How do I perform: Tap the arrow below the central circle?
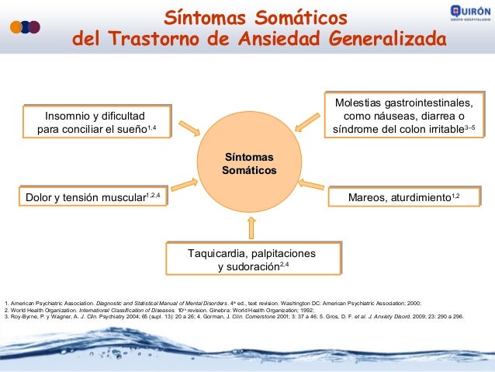[x=249, y=227]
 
